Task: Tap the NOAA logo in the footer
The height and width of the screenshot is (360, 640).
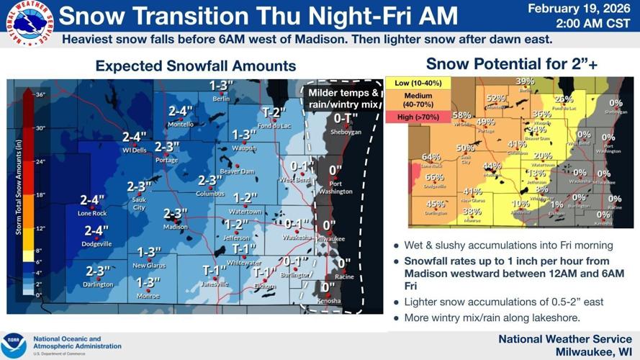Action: click(x=14, y=345)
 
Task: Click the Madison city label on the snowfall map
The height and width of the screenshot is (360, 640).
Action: click(x=176, y=227)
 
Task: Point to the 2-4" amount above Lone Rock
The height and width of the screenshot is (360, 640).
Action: click(x=92, y=199)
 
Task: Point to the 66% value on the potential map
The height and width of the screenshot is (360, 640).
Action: click(x=435, y=177)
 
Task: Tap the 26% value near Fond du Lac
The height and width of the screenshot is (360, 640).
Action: click(x=564, y=99)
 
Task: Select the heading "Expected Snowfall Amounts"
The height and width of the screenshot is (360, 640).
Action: click(x=195, y=66)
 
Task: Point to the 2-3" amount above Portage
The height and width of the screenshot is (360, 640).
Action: click(x=167, y=147)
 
